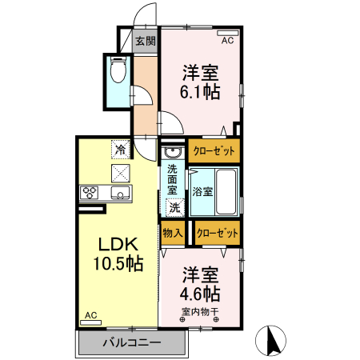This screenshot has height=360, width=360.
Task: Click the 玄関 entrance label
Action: pos(145,42)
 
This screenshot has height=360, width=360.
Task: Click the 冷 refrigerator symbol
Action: pos(120,149)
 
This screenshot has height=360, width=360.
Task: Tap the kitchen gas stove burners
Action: pos(89,193)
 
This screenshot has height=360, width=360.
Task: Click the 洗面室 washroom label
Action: pos(173,181)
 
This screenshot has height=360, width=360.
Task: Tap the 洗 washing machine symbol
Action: pos(174,206)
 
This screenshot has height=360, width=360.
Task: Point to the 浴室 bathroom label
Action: pos(202,191)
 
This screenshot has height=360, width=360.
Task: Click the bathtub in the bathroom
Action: pos(226,191)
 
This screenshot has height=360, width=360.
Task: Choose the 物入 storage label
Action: pos(173,233)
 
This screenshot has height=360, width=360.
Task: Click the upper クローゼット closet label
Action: pos(214,150)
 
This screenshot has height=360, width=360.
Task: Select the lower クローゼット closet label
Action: pos(216,233)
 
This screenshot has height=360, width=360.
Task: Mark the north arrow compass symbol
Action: pos(271,341)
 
